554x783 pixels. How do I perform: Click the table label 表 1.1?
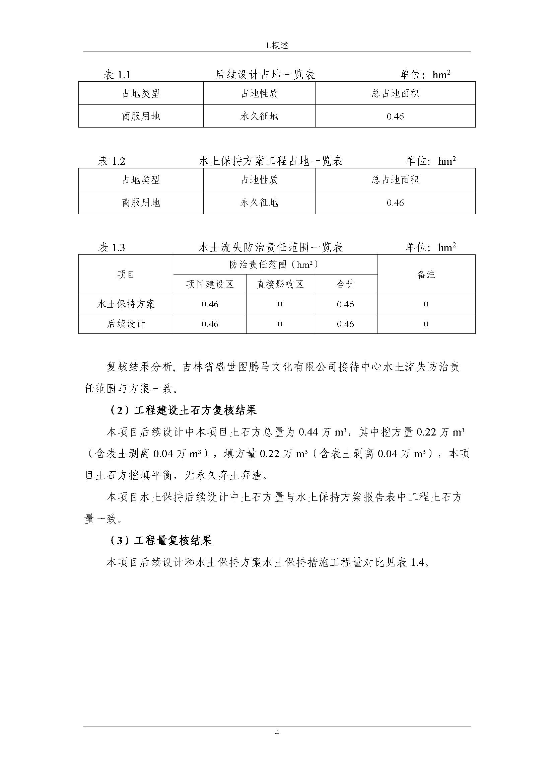(x=117, y=75)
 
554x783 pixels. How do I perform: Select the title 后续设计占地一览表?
(x=265, y=75)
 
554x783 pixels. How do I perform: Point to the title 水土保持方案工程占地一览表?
(x=271, y=161)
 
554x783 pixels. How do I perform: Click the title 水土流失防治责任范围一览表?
(x=271, y=248)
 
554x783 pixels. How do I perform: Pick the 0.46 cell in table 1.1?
(x=395, y=116)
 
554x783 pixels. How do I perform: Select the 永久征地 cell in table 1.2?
(x=259, y=203)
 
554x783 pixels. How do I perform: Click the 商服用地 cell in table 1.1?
(x=141, y=116)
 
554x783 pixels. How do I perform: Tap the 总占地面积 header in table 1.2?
(x=395, y=180)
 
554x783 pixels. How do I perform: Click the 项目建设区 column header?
(x=210, y=285)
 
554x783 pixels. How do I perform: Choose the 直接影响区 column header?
(x=280, y=285)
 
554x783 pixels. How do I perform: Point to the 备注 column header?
(x=426, y=275)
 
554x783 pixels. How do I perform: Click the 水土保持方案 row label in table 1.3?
(x=126, y=304)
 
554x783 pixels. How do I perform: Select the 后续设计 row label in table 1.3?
(x=126, y=324)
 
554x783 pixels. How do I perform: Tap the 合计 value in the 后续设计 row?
(x=345, y=324)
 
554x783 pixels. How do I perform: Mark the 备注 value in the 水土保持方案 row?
(x=426, y=304)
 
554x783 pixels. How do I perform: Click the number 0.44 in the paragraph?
(x=308, y=433)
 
